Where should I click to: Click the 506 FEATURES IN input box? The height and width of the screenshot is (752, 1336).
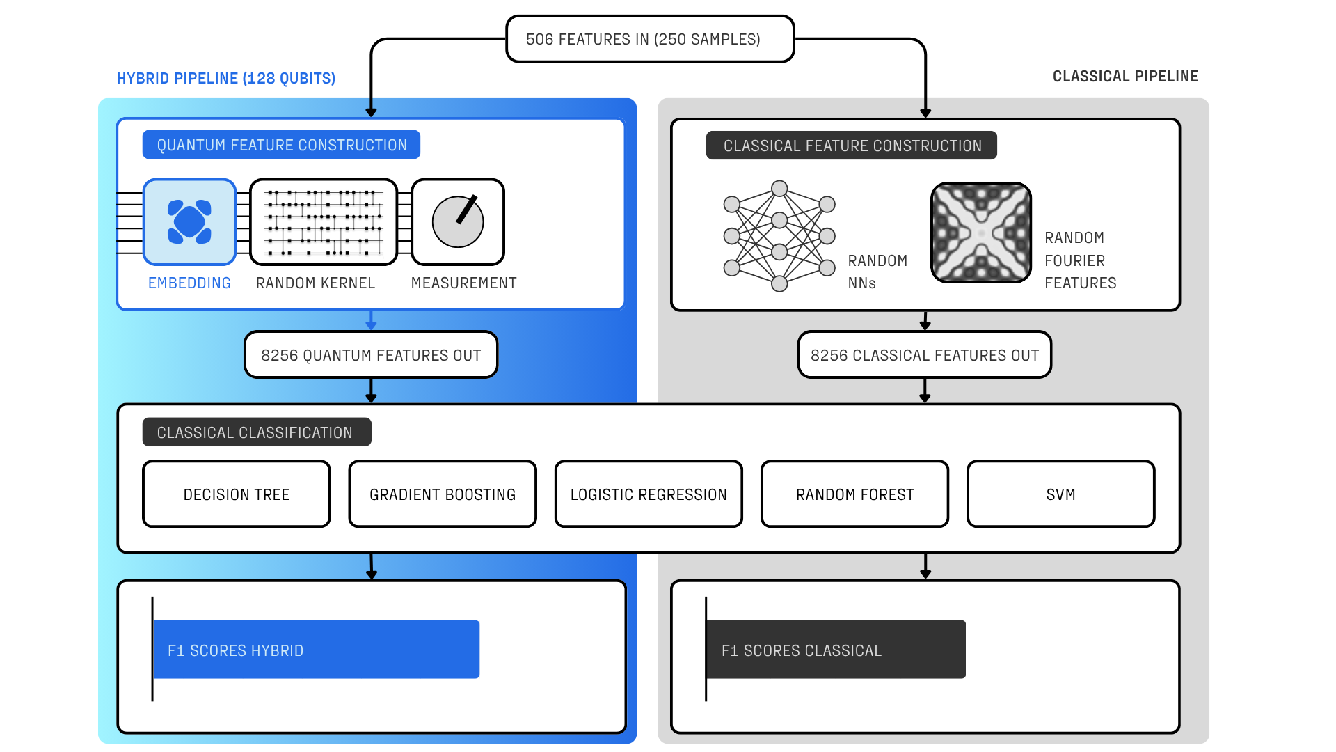pos(649,40)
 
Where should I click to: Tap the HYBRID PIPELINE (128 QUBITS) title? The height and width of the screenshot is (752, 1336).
pos(226,79)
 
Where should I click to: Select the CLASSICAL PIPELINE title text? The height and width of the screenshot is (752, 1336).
pos(1125,77)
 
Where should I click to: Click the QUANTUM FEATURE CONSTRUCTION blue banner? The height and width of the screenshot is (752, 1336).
pos(281,145)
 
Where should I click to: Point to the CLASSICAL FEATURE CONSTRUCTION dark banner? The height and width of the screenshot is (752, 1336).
pos(851,146)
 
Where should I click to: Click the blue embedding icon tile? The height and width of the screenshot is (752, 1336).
pos(189,222)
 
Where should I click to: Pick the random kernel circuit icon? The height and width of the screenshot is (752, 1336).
pos(324,222)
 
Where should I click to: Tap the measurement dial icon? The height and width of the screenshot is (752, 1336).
pos(458,222)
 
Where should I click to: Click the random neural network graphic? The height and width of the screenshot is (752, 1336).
pos(779,236)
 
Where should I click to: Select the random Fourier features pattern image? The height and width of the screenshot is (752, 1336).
pos(981,233)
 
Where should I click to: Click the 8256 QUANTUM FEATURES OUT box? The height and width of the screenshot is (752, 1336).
pos(371,355)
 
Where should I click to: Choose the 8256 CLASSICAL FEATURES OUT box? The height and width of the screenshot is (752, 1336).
pos(924,355)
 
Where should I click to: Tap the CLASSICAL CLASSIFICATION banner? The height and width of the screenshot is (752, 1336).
pos(256,432)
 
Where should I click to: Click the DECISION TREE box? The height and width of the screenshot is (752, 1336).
pos(237,494)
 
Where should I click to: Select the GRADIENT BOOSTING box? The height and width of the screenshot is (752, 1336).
pos(443,494)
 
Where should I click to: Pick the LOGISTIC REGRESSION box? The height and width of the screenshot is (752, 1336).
pos(649,494)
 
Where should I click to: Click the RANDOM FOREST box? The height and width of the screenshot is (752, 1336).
pos(854,494)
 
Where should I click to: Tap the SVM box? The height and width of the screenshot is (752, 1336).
pos(1060,494)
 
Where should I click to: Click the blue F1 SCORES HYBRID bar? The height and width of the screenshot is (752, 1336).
pos(316,650)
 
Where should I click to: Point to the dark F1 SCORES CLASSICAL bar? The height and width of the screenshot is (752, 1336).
pos(835,650)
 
